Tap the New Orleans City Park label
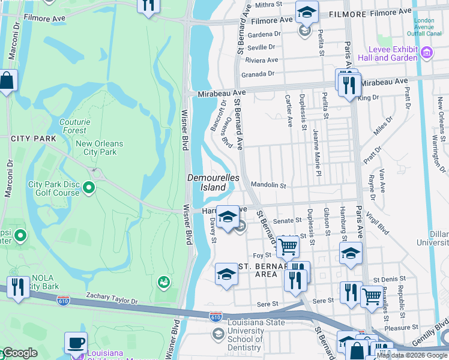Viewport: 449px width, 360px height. (99, 148)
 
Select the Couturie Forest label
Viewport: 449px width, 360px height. (75, 125)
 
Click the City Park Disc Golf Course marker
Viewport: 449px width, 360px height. (89, 188)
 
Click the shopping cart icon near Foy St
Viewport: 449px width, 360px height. (288, 245)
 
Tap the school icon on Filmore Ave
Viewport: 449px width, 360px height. (306, 11)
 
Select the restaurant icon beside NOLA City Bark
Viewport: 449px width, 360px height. (18, 287)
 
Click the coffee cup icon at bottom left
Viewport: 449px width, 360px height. (76, 343)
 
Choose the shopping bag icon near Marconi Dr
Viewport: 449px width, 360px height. (7, 80)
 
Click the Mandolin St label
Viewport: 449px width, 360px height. (268, 185)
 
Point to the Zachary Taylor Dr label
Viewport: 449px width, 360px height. (112, 296)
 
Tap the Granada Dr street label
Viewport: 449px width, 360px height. (258, 74)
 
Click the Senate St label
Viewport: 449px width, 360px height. (286, 221)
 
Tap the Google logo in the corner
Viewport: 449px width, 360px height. (19, 353)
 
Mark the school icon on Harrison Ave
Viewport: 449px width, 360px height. (228, 217)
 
